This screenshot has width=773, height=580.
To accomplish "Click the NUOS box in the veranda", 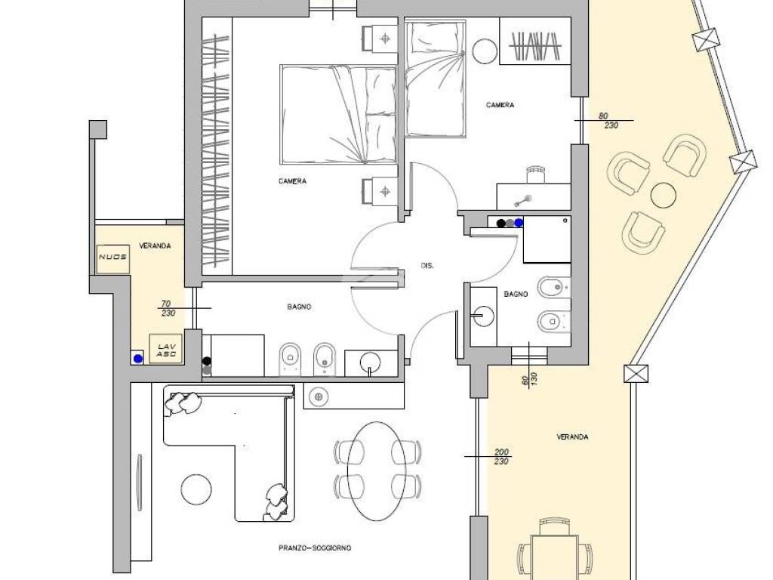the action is point(113,258).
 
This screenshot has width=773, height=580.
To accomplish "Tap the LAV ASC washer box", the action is point(165,349).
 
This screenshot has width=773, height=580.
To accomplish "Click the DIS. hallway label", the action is point(427,266).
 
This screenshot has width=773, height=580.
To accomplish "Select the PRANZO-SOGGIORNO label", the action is point(315,548).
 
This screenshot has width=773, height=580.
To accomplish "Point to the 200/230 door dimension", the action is point(501,456).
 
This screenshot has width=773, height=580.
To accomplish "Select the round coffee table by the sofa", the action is point(196,489).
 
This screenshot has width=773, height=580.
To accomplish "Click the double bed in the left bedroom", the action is point(338,114).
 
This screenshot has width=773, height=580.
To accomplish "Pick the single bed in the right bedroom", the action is point(435,78).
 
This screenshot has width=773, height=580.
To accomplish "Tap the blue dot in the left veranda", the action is point(138,359).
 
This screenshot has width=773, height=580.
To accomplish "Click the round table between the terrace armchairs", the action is point(663,195).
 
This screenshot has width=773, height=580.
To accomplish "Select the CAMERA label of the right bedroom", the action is point(500,105).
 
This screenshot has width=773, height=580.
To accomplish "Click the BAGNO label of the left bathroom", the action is point(299,307).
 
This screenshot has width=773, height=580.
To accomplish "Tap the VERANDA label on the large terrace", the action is point(572,437).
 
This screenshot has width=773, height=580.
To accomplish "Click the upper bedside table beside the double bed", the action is point(380,38).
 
